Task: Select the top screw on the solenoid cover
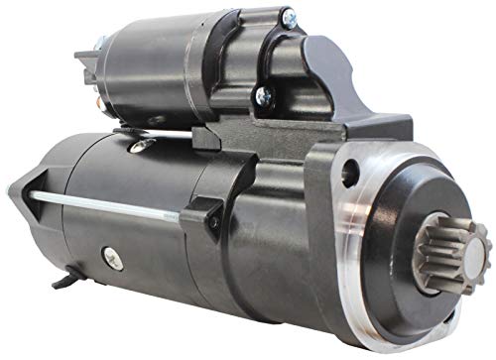tap(286, 18)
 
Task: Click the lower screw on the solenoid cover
tap(264, 95)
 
